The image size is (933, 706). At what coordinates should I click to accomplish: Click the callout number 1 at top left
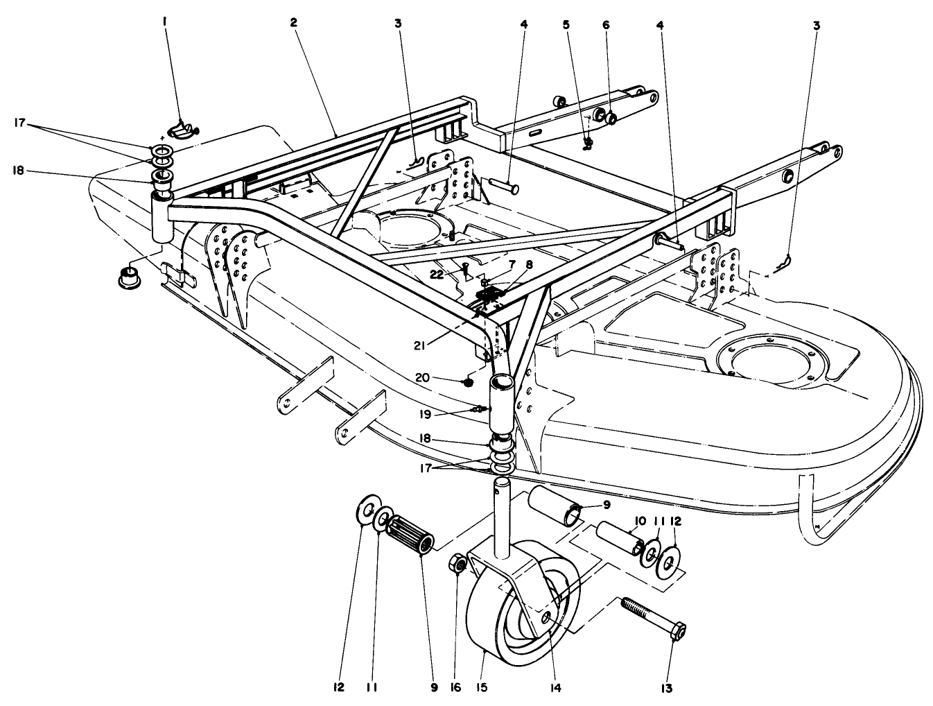165,22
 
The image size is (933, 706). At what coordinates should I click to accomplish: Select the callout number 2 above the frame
293,22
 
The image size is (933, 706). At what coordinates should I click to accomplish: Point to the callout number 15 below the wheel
482,687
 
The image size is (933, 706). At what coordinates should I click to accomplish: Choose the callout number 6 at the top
606,24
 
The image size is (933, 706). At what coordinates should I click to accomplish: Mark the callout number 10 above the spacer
639,520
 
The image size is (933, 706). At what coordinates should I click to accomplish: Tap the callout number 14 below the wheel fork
554,687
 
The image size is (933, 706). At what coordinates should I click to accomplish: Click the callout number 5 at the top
566,24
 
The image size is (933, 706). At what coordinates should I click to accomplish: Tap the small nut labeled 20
469,381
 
